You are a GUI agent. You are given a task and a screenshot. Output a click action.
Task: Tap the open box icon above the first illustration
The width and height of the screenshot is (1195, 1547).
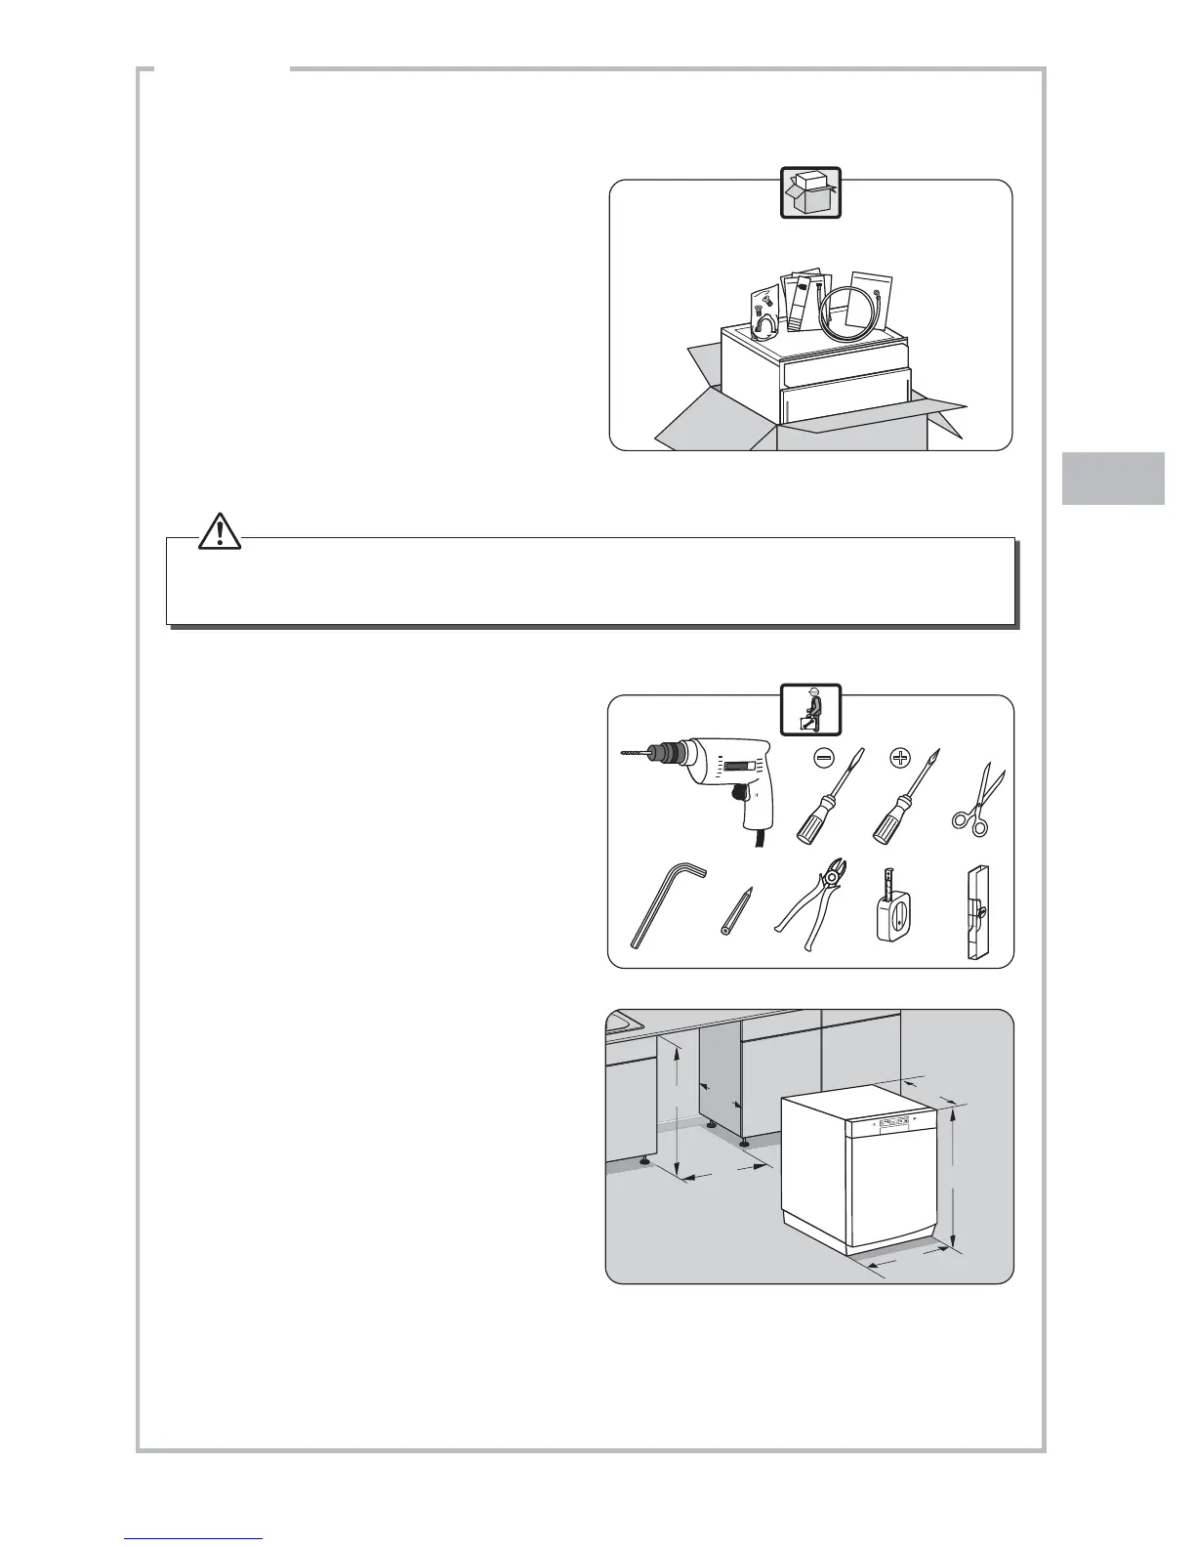(x=810, y=191)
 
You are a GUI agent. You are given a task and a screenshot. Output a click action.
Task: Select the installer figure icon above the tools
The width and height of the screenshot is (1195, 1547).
(x=810, y=710)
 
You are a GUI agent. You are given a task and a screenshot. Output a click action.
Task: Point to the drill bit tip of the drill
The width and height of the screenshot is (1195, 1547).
(x=625, y=753)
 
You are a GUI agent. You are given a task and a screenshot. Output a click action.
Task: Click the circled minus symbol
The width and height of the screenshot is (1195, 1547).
(x=824, y=757)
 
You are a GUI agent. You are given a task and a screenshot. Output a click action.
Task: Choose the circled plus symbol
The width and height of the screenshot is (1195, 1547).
(x=900, y=757)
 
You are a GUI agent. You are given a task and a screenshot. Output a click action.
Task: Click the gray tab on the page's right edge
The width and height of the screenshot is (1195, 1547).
(x=1113, y=478)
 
